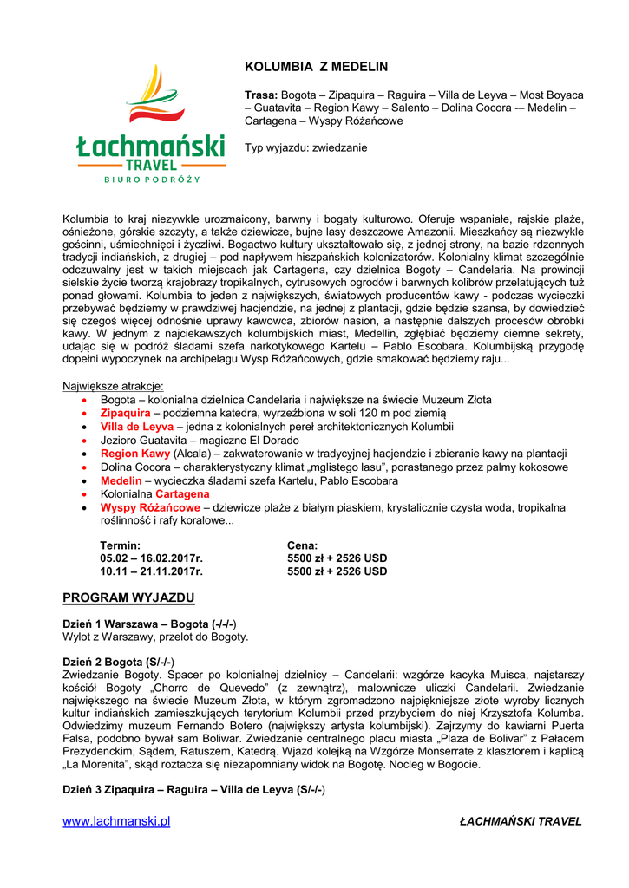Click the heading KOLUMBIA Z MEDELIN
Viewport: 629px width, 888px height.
point(316,67)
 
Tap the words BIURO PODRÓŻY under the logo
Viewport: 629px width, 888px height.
point(152,180)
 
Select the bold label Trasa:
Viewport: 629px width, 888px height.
point(261,95)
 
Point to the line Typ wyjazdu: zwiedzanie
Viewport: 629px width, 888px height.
point(305,147)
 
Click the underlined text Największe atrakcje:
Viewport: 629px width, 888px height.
point(113,386)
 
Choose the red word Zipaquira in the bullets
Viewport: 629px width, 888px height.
point(125,414)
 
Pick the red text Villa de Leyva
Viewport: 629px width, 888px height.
point(136,427)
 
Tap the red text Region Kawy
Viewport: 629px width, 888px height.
point(135,454)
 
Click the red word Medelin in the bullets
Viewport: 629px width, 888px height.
point(121,480)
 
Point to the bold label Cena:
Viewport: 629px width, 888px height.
point(303,545)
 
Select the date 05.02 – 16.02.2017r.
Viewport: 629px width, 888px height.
point(151,558)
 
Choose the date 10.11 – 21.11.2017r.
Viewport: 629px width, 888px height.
point(151,571)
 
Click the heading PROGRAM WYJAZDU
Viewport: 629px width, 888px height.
point(128,598)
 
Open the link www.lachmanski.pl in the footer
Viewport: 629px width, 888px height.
point(116,821)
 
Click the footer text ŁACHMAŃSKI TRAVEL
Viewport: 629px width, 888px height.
point(521,821)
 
